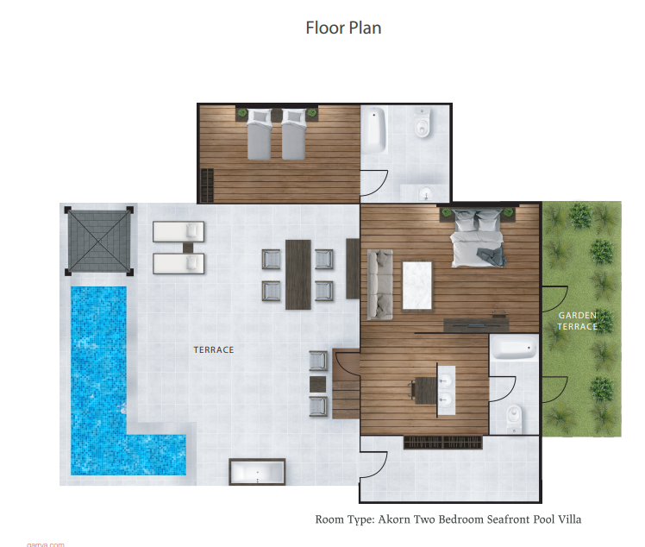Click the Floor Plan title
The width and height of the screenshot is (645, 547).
click(343, 28)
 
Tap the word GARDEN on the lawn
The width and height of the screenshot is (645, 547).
click(578, 315)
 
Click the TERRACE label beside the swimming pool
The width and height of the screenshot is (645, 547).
click(214, 349)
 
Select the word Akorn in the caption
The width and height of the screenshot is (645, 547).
click(394, 519)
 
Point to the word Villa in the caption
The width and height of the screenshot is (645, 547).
click(570, 519)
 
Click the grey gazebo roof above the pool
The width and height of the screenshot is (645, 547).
click(99, 241)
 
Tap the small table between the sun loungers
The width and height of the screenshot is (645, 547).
click(188, 248)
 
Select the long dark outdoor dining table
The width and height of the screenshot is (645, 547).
click(298, 274)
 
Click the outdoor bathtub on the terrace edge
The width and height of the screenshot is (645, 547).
click(257, 472)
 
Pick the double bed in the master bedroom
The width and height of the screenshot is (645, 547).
click(478, 237)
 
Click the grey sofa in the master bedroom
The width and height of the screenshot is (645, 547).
click(379, 285)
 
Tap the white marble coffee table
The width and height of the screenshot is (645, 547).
click(417, 286)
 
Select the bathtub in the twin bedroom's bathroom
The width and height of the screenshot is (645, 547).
click(374, 130)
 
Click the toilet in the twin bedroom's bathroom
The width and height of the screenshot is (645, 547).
click(422, 123)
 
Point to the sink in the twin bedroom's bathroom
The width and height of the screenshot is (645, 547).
click(426, 192)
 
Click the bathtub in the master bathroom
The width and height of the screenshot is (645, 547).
click(514, 348)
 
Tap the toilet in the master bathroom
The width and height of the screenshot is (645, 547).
click(514, 419)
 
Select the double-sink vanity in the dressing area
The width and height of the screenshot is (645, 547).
click(446, 390)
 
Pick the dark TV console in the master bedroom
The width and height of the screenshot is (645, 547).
click(476, 325)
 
